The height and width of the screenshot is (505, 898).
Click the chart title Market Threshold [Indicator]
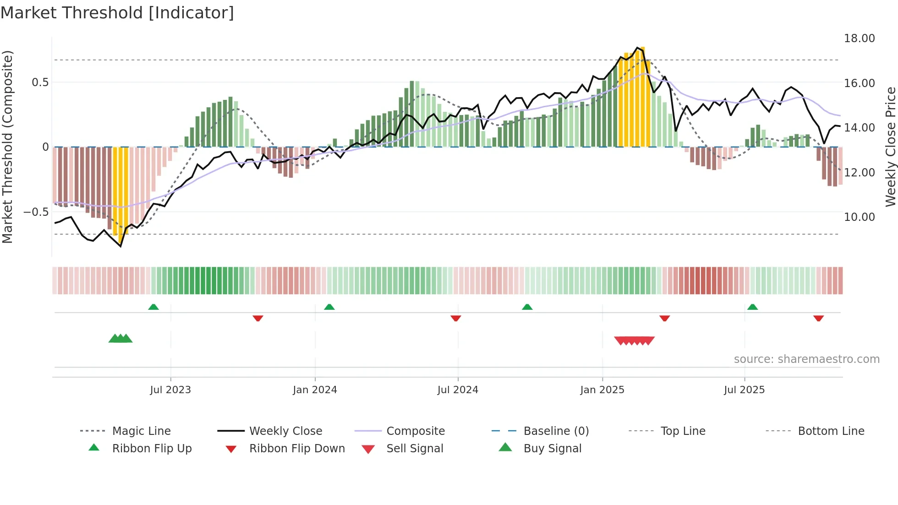point(117,13)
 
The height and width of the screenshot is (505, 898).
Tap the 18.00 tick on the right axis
point(859,38)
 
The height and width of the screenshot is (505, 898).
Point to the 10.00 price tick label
point(859,217)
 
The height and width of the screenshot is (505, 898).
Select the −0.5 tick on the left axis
point(36,212)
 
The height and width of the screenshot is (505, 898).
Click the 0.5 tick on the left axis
point(40,82)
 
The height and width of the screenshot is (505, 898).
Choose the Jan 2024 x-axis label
point(315,390)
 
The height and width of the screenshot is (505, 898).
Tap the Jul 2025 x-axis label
point(744,390)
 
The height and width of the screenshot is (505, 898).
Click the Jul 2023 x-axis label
point(170,390)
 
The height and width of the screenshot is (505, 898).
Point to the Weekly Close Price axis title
point(890,147)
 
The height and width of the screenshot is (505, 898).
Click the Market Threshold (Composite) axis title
point(7,147)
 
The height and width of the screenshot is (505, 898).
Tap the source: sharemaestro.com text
point(806,359)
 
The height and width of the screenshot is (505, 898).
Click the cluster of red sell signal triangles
point(634,340)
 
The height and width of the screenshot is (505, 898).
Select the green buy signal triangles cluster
point(120,339)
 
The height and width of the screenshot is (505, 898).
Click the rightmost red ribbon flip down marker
point(818,318)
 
